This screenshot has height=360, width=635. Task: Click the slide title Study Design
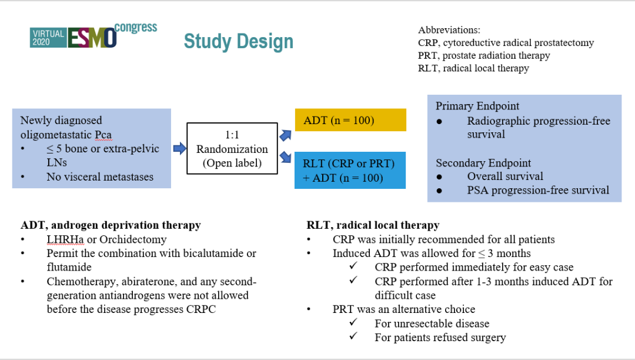coord(238,42)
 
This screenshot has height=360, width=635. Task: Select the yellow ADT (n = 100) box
coord(350,121)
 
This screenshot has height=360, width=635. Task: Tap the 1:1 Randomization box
coord(232,148)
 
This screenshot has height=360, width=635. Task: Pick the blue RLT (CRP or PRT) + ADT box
coord(350,169)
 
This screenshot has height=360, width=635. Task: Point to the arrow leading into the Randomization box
coord(179,148)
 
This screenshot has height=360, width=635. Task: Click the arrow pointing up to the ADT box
coord(285,135)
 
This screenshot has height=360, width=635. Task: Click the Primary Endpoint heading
coord(477,106)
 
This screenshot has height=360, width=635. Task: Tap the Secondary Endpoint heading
coord(483,163)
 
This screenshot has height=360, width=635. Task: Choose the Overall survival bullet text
coord(505,176)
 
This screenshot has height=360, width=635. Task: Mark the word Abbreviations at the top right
coord(450,30)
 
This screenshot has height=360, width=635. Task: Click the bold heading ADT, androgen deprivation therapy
coord(111,225)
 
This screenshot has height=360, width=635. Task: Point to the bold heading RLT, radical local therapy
coord(373,225)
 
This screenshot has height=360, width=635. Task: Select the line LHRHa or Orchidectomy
coord(106,239)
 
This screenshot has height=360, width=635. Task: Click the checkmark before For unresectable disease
coord(353,323)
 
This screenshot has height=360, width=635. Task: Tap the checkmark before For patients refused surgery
coord(353,337)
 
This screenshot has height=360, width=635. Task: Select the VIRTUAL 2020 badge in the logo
coord(48,38)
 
